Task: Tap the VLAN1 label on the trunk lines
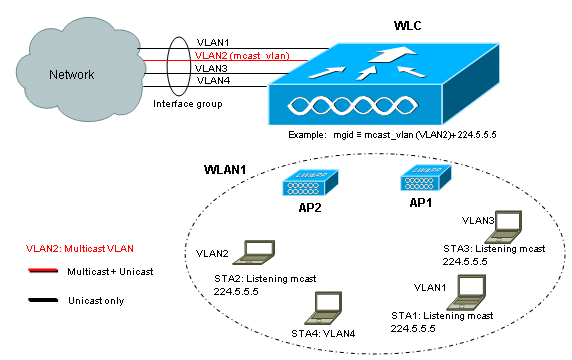click(x=211, y=44)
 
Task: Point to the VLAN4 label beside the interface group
click(x=212, y=80)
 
